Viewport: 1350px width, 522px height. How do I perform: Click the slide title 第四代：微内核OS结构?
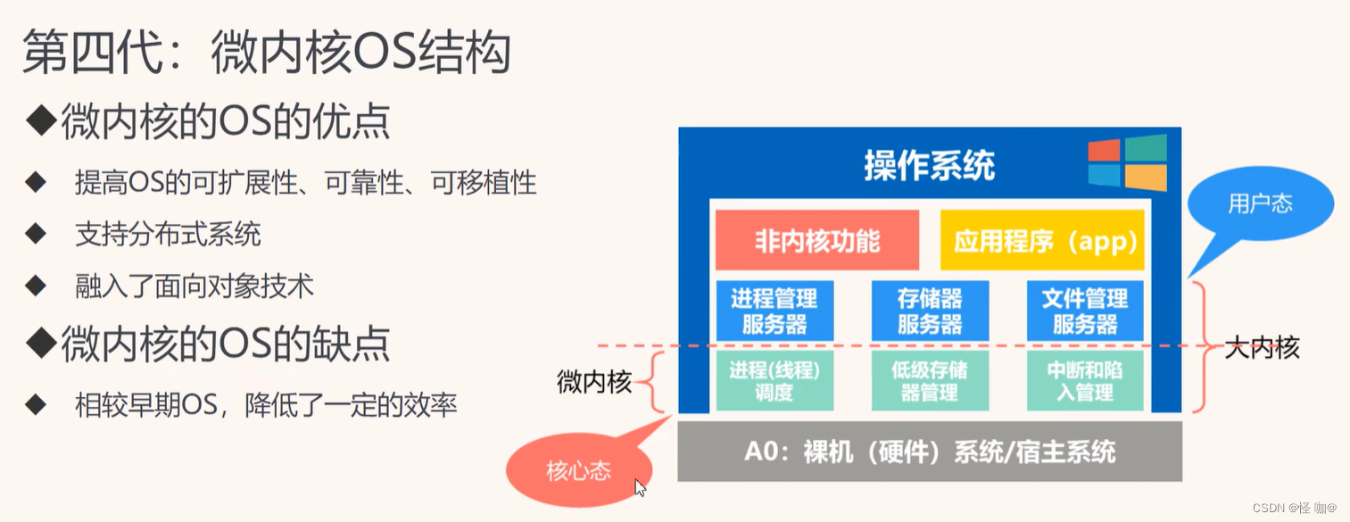pos(266,53)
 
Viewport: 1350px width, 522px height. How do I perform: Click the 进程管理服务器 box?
pos(774,311)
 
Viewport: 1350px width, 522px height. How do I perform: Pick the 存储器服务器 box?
pos(930,311)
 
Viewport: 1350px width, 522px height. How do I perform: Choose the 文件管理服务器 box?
pos(1085,311)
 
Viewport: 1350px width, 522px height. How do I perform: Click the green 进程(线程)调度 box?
pos(774,380)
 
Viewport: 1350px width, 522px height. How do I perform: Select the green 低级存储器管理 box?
pos(930,380)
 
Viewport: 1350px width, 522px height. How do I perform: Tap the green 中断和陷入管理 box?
pos(1085,380)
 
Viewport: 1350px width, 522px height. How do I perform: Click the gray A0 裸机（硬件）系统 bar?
pos(930,452)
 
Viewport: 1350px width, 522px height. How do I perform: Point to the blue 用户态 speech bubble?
pos(1260,204)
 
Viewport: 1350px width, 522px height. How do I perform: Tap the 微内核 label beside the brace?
pos(594,384)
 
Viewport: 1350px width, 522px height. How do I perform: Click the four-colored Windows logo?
pos(1127,162)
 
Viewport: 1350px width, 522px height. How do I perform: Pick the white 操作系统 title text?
pos(929,165)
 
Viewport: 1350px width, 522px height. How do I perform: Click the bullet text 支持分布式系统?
pos(168,235)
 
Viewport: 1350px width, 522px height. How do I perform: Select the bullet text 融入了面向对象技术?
pos(195,286)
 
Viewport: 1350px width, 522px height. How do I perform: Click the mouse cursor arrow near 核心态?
pos(640,487)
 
